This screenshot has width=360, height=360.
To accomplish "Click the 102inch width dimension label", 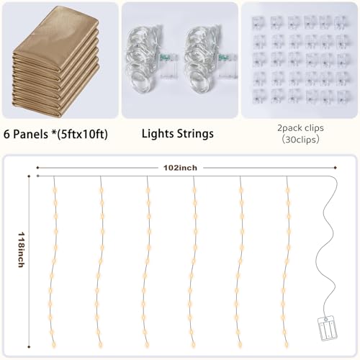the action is click(x=180, y=168).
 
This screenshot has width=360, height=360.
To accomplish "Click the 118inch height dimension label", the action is click(x=21, y=250).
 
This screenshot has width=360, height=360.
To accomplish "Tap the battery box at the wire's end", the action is click(x=328, y=329).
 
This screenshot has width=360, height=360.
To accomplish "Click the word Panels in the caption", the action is click(x=30, y=134).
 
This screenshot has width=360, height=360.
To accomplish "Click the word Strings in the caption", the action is click(x=195, y=134).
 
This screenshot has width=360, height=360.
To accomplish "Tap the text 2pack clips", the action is click(x=300, y=128).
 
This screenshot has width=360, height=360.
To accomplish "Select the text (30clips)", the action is click(x=300, y=140).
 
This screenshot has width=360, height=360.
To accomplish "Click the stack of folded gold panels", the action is click(x=55, y=61).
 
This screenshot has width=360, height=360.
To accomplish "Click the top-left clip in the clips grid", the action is click(x=259, y=22).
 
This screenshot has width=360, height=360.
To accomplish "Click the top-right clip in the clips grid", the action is click(x=343, y=22).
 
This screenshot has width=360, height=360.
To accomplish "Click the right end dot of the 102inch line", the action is click(x=336, y=168).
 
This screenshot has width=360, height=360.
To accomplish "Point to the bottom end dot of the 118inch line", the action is click(x=29, y=347).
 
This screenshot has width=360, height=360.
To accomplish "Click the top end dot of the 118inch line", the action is click(x=29, y=176).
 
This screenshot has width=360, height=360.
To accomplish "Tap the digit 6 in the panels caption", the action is click(x=6, y=134).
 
